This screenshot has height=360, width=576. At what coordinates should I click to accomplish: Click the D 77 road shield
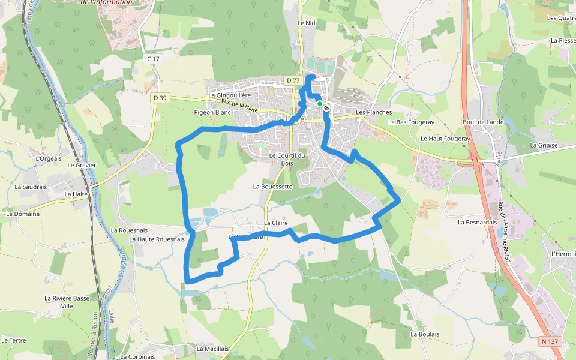(293, 80)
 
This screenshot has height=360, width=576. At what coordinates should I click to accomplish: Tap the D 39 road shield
(160, 98)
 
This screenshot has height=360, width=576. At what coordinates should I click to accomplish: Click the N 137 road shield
(549, 341)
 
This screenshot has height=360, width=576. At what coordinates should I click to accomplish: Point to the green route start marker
(320, 104)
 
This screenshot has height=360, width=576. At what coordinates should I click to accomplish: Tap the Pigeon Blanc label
(213, 112)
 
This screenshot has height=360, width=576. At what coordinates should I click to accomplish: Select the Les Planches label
(374, 112)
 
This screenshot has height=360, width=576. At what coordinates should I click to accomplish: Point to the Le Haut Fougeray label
(446, 139)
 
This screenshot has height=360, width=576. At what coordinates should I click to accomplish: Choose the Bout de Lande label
(483, 122)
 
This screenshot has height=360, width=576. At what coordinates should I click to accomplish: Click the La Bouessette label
(272, 187)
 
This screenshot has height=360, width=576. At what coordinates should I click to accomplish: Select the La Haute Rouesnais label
(157, 239)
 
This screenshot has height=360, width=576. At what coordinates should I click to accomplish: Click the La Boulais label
(425, 334)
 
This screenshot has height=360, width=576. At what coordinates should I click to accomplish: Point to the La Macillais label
(212, 349)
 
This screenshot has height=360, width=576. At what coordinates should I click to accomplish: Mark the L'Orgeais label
(49, 159)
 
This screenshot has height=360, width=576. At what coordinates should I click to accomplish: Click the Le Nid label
(306, 22)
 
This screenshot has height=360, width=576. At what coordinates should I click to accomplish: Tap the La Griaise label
(544, 145)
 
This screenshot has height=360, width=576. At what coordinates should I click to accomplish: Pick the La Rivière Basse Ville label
(67, 301)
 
